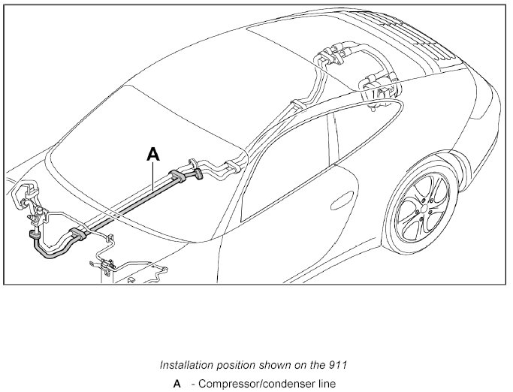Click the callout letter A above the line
point(153,155)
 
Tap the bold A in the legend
point(177,384)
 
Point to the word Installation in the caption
point(187,366)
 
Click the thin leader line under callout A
point(153,176)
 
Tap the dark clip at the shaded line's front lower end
point(33,238)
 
